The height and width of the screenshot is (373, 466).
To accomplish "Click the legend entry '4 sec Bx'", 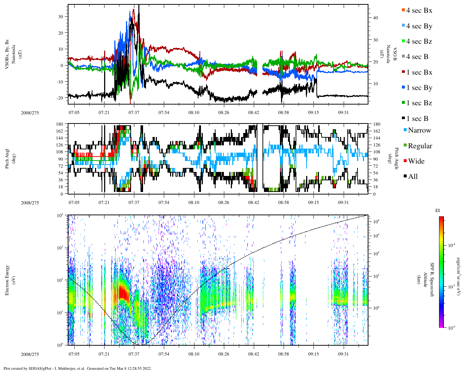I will pyautogui.click(x=419, y=11).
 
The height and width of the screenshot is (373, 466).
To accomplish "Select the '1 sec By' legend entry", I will pyautogui.click(x=419, y=88).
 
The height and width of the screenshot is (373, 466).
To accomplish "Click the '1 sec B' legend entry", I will pyautogui.click(x=417, y=119).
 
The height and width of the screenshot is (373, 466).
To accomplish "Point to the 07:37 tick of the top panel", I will pyautogui.click(x=134, y=113).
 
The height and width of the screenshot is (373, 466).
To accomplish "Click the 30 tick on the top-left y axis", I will pyautogui.click(x=60, y=17).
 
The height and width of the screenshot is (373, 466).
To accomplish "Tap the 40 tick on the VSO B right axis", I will pyautogui.click(x=375, y=18).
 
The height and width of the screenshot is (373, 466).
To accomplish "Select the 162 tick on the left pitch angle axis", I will pyautogui.click(x=60, y=131).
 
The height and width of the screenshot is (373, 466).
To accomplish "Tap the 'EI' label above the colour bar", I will pyautogui.click(x=438, y=211).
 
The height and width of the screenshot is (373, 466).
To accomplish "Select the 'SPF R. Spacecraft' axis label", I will pyautogui.click(x=432, y=279).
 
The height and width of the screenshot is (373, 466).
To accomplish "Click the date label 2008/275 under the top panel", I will pyautogui.click(x=30, y=113).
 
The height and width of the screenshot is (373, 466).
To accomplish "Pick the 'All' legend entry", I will pyautogui.click(x=413, y=177).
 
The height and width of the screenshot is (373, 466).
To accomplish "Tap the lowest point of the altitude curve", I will pyautogui.click(x=140, y=344).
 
